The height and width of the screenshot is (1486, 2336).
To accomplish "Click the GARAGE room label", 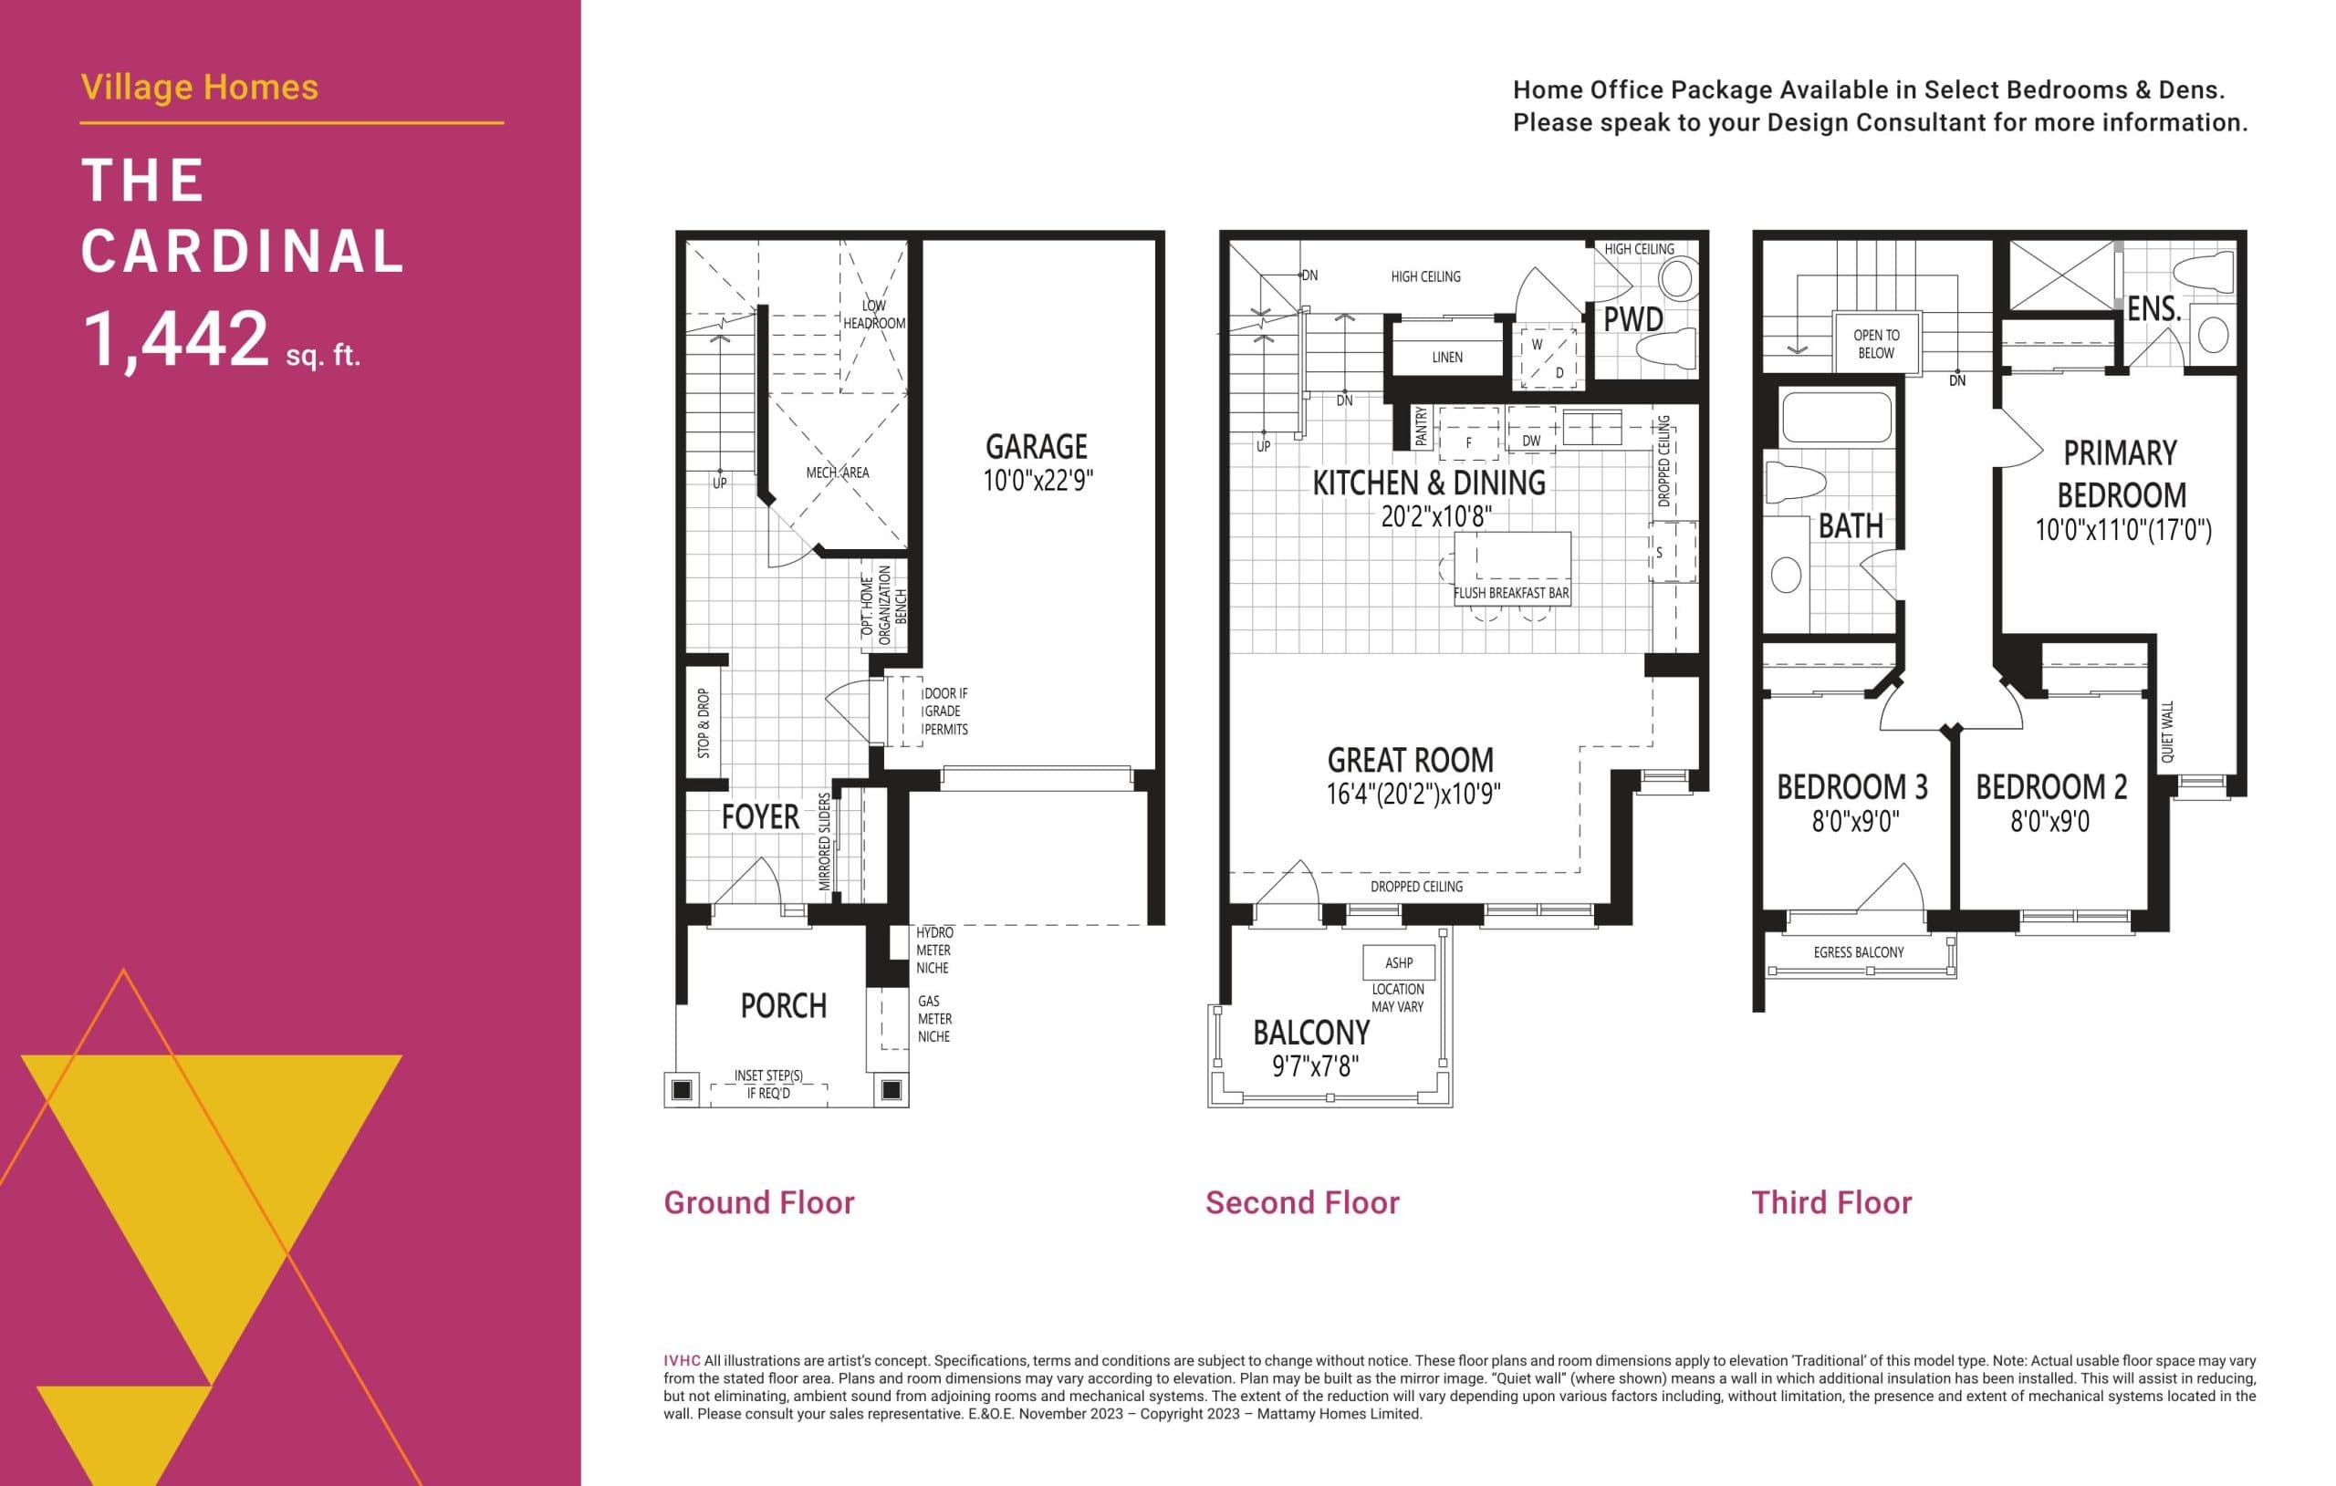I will point(1036,447).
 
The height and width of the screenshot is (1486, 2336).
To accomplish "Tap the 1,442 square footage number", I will point(175,339).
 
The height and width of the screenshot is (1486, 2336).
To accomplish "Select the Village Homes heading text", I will point(200,88).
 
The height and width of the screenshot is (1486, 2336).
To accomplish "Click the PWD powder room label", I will point(1632,319).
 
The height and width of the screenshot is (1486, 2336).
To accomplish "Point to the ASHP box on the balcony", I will point(1398,962).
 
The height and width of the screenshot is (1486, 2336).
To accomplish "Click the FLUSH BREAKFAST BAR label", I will point(1510,593).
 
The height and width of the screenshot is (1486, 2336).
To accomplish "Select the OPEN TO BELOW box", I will point(1876,343).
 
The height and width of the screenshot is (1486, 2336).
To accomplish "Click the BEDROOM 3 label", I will point(1852,786).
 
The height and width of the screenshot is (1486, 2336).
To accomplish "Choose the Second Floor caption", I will point(1302,1203).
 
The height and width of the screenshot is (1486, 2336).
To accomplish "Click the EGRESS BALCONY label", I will point(1858,952).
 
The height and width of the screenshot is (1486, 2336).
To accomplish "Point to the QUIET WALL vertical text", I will point(2167,732).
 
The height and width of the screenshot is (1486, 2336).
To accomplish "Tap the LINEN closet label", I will point(1446,357).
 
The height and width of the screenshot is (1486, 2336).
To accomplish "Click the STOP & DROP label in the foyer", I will point(704,722).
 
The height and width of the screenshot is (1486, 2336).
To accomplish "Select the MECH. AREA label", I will point(837,473).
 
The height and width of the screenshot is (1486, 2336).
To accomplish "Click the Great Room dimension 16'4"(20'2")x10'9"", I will point(1413,795).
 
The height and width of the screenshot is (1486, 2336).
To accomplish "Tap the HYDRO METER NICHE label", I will point(933,950).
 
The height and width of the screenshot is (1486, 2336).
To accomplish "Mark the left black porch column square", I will point(682,1089).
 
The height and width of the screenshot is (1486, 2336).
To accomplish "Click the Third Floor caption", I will point(1830,1203).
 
